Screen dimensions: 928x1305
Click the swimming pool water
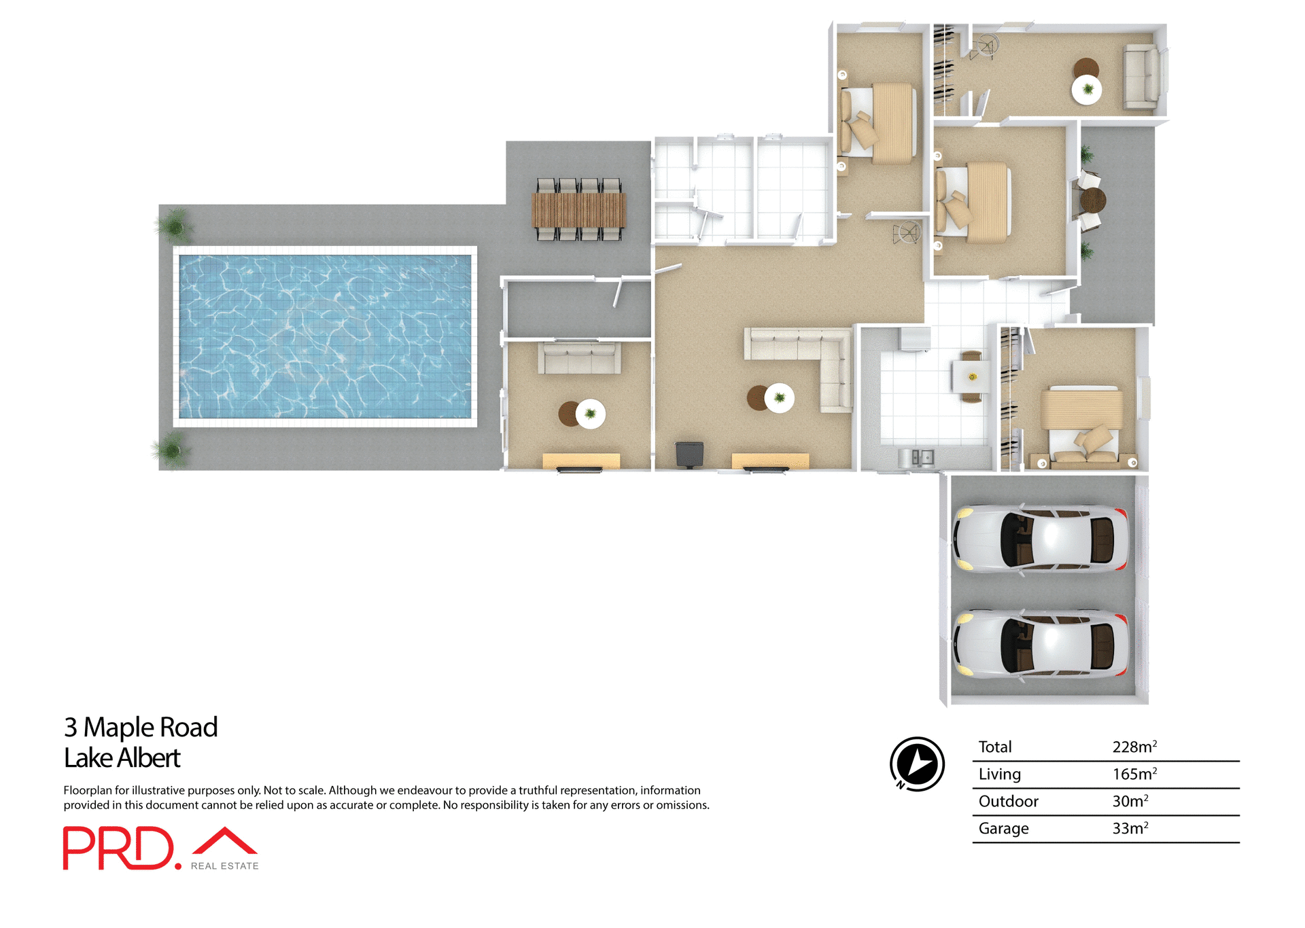pyautogui.click(x=325, y=336)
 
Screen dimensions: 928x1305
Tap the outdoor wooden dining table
pyautogui.click(x=578, y=210)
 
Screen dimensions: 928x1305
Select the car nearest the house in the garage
pyautogui.click(x=1041, y=539)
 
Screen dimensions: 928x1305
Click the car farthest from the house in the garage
pyautogui.click(x=1041, y=644)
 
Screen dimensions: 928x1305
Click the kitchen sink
pyautogui.click(x=922, y=457)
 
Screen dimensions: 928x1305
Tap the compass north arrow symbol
pyautogui.click(x=917, y=764)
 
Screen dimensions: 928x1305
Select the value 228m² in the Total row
pyautogui.click(x=1134, y=747)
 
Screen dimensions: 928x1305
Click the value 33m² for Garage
pyautogui.click(x=1130, y=829)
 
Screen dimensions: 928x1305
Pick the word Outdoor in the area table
pyautogui.click(x=1008, y=802)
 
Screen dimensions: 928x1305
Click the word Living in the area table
pyautogui.click(x=999, y=774)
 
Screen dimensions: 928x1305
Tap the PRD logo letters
pyautogui.click(x=120, y=849)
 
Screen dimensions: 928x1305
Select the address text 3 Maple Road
pyautogui.click(x=141, y=727)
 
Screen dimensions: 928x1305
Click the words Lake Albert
pyautogui.click(x=122, y=758)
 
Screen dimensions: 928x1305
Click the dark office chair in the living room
pyautogui.click(x=689, y=454)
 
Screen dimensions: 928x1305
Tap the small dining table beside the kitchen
pyautogui.click(x=972, y=377)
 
